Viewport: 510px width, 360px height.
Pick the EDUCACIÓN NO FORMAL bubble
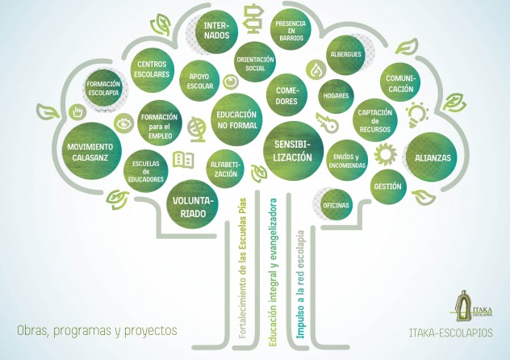click(236, 119)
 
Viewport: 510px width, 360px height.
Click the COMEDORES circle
click(286, 96)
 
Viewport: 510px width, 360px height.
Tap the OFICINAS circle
click(336, 205)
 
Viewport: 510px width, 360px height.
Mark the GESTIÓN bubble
click(387, 186)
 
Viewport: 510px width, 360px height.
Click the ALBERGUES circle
click(345, 55)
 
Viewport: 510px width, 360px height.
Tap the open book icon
click(183, 160)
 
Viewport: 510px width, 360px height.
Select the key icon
click(328, 123)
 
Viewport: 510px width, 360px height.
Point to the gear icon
click(384, 153)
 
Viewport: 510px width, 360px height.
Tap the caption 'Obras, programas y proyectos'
click(96, 331)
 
